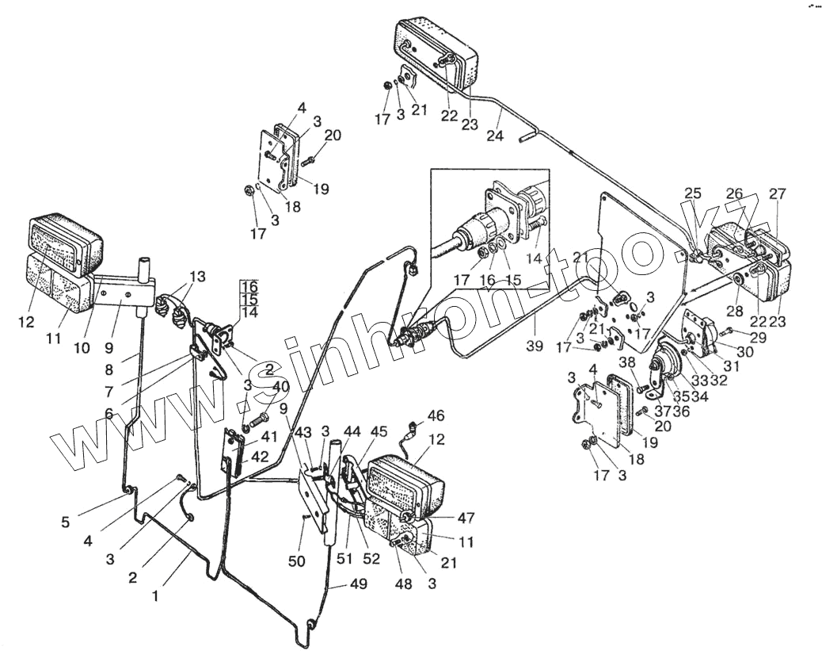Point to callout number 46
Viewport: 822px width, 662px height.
pyautogui.click(x=436, y=415)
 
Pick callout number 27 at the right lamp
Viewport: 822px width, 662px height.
pyautogui.click(x=777, y=193)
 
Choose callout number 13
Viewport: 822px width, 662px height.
pyautogui.click(x=197, y=276)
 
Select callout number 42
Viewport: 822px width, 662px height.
pyautogui.click(x=259, y=457)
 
